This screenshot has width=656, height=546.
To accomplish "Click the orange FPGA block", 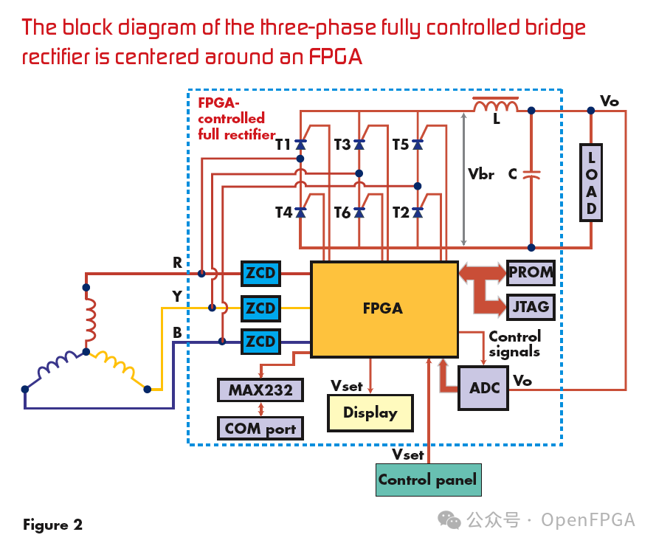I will [x=384, y=308].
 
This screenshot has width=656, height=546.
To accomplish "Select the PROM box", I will [x=530, y=272].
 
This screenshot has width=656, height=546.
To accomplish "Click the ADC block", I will [x=484, y=388].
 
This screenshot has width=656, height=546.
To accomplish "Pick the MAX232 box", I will [x=260, y=390].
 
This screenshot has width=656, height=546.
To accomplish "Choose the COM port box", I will [x=260, y=428].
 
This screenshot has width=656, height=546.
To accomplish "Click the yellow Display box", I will [x=370, y=413].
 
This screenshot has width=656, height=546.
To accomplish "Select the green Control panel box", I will [x=427, y=480].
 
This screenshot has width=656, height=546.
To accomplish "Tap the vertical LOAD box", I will [x=591, y=182].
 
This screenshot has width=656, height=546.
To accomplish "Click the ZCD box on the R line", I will [x=260, y=274].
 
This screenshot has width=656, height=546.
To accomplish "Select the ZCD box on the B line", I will [x=260, y=342].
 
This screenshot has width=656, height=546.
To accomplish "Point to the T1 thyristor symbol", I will [x=300, y=145].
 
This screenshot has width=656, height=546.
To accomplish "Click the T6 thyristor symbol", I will [x=359, y=212].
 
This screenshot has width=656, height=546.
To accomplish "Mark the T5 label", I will [x=401, y=145].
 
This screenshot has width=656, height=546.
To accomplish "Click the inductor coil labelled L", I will [x=495, y=106].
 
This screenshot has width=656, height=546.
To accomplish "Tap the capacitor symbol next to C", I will [x=531, y=175].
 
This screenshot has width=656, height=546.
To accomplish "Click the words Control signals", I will [x=514, y=344].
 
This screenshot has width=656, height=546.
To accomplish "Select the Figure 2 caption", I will [x=52, y=525].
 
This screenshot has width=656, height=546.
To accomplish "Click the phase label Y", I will [x=177, y=297].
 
